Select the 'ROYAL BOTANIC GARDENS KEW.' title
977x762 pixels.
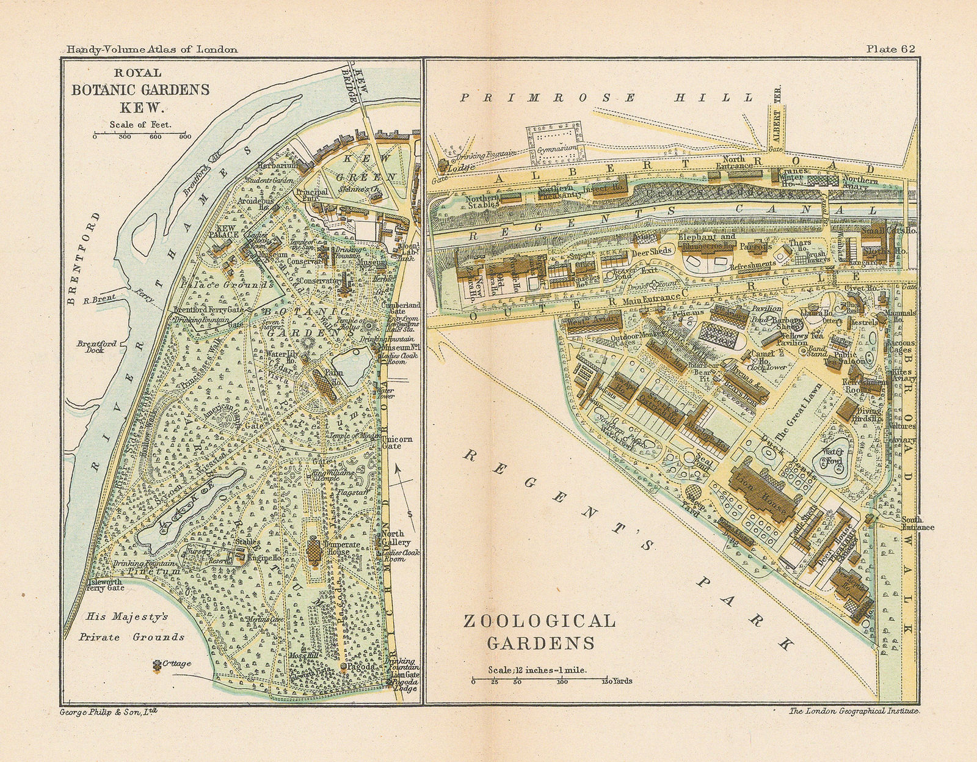140,90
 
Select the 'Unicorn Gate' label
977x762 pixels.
398,442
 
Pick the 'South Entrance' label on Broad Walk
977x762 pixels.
917,523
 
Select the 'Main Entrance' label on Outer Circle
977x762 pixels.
652,298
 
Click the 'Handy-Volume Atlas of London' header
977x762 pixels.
150,50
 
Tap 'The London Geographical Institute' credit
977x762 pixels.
854,711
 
